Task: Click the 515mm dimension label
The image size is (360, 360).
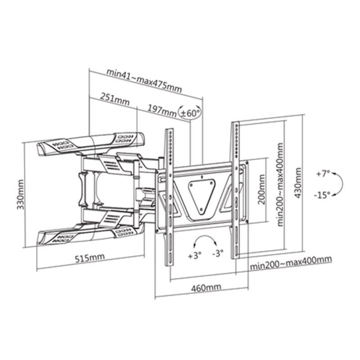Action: [x=90, y=258]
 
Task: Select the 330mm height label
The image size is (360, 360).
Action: [x=20, y=195]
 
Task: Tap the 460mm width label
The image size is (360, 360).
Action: [x=206, y=288]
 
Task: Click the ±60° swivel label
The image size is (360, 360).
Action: [x=190, y=113]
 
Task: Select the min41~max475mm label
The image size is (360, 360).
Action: [x=144, y=80]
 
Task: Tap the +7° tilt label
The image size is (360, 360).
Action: [x=323, y=174]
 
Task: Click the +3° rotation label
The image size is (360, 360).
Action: [x=195, y=256]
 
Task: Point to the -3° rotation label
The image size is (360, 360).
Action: [x=218, y=254]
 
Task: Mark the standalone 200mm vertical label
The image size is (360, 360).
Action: [x=262, y=190]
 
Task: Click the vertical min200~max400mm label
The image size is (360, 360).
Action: [x=280, y=184]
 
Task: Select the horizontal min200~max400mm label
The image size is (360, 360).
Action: [x=291, y=263]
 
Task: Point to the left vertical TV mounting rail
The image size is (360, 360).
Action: [x=170, y=196]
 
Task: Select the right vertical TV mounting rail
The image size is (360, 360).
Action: [x=235, y=190]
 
